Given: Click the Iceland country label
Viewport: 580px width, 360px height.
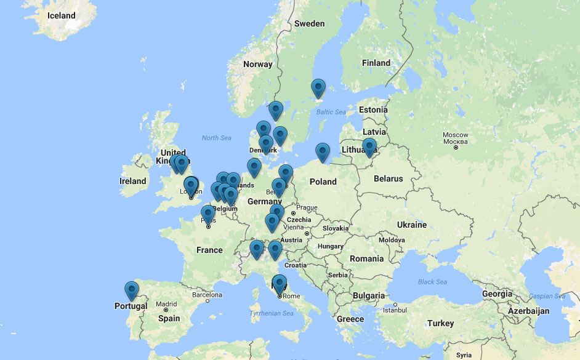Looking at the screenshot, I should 61,15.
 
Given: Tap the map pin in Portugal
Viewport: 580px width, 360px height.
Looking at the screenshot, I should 131,290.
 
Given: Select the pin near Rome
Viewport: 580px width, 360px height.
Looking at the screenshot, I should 280,284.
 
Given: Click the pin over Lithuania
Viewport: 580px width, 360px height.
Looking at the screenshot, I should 369,147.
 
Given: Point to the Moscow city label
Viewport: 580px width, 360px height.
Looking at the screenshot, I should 456,135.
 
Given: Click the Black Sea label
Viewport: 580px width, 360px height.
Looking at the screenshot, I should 432,282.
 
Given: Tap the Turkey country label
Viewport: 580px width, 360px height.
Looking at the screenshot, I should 440,323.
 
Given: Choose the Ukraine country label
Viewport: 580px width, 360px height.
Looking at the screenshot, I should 412,225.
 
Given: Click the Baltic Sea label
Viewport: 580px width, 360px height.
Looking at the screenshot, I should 331,112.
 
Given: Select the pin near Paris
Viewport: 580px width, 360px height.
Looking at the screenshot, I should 208,214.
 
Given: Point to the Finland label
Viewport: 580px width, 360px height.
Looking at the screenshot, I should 376,63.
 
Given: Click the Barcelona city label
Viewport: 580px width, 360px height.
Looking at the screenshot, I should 206,294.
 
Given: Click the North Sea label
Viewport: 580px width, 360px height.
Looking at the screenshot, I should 217,138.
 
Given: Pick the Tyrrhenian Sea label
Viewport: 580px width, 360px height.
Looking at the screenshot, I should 272,313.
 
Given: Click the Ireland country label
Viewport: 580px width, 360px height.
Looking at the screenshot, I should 133,181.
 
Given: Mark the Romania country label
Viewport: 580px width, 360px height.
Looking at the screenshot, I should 366,258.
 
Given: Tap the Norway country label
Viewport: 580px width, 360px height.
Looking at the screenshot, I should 257,64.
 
